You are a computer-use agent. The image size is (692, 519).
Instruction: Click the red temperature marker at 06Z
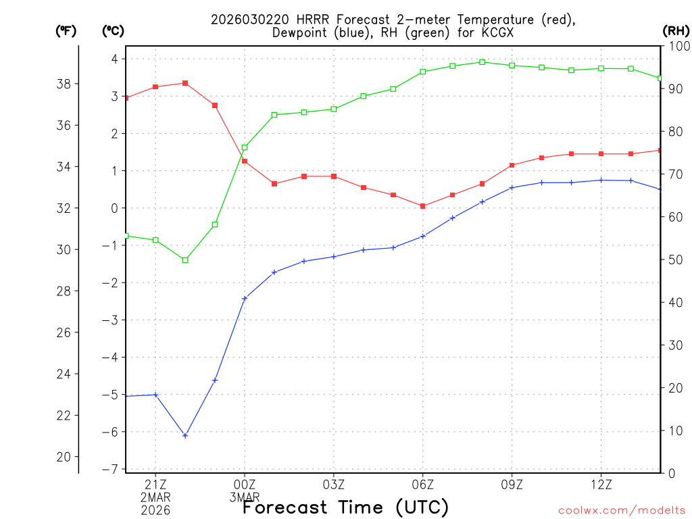[x=423, y=206]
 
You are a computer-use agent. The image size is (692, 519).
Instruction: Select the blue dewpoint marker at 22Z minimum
[x=185, y=435]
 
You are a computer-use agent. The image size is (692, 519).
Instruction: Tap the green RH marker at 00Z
[x=245, y=147]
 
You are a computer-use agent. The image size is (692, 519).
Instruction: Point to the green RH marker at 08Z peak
[x=483, y=62]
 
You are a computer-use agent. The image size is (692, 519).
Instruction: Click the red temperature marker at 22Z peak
[x=185, y=83]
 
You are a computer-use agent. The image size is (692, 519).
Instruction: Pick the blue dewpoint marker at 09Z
[x=512, y=187]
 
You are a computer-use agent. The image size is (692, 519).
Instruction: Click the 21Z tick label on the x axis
[x=155, y=485]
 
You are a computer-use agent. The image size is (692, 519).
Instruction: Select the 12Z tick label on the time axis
[x=601, y=485]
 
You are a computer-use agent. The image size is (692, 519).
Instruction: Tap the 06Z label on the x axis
[x=423, y=485]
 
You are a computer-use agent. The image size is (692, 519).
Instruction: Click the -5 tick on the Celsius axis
[x=109, y=394]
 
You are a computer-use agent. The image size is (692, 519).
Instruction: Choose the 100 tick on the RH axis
[x=676, y=46]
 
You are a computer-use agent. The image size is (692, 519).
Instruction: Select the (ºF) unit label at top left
[x=66, y=30]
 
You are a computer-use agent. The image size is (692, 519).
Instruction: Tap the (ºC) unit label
[x=114, y=30]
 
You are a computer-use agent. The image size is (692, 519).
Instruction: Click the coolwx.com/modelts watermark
[x=621, y=510]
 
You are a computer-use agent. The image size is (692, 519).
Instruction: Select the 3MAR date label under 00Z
[x=245, y=497]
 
